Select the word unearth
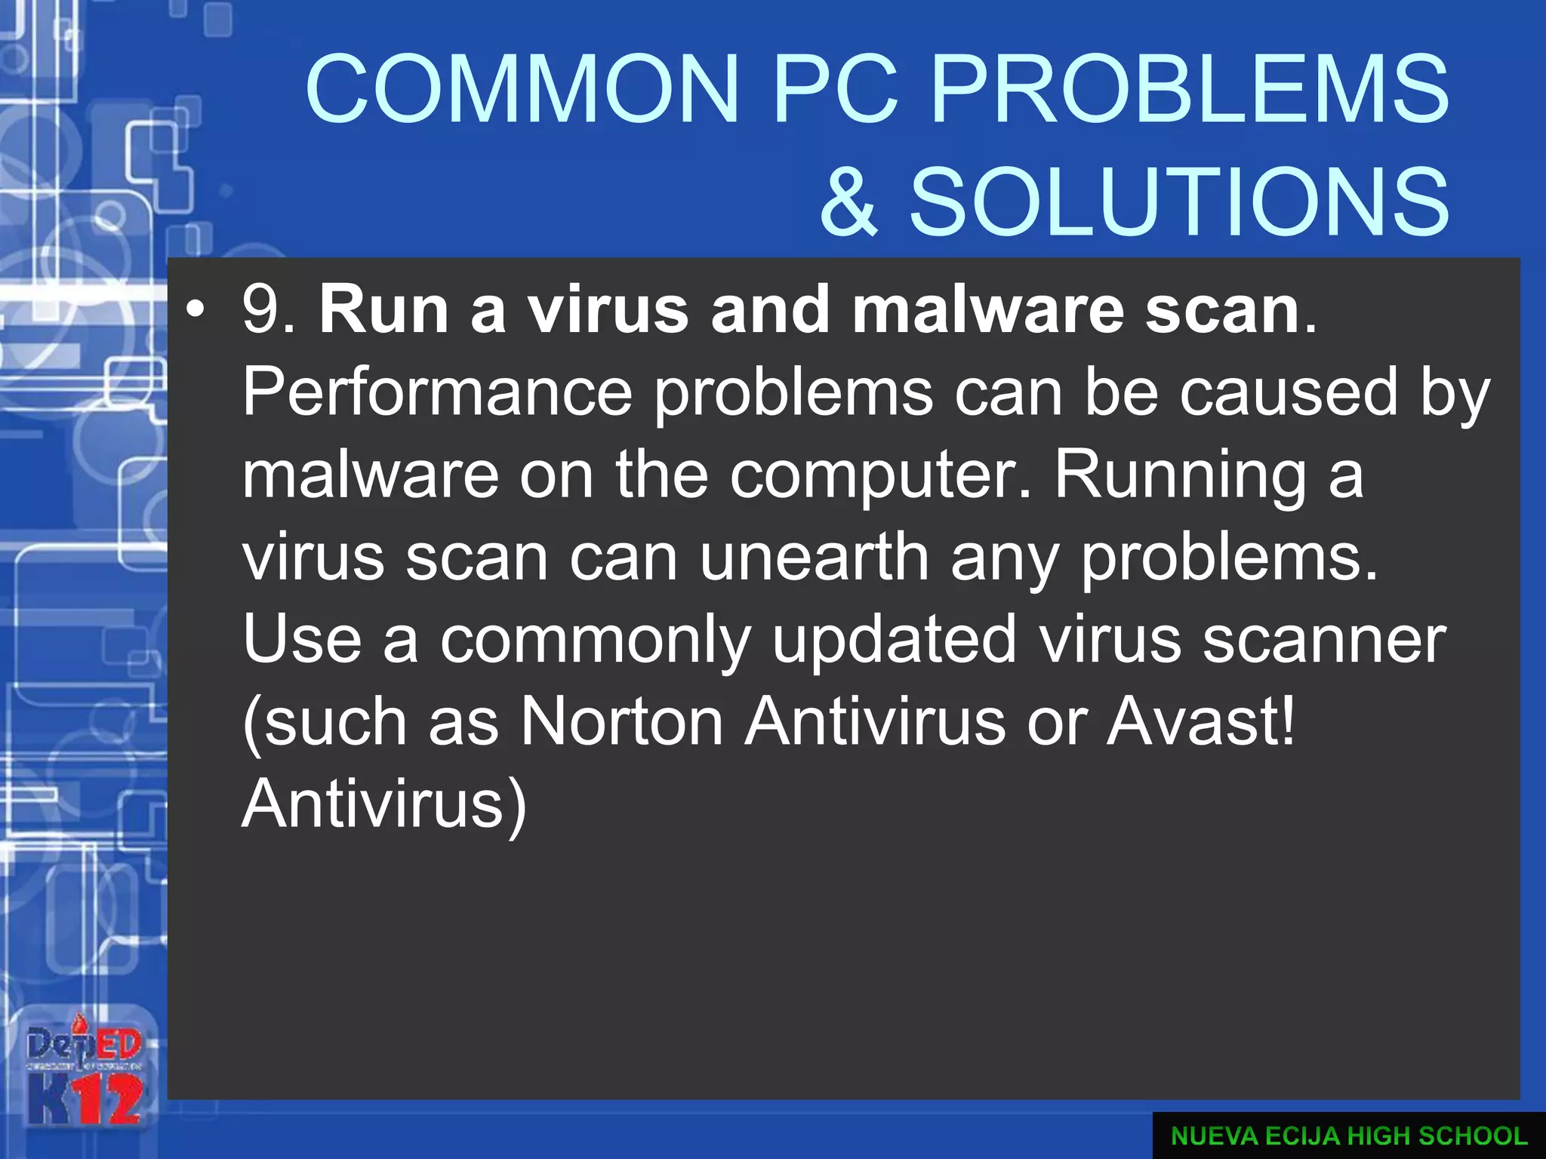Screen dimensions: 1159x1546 pyautogui.click(x=814, y=558)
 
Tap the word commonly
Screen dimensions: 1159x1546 pyautogui.click(x=595, y=641)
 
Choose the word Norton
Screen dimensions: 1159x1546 pyautogui.click(x=623, y=723)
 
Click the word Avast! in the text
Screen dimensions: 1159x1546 pyautogui.click(x=1201, y=723)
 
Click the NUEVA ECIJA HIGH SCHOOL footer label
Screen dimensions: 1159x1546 pyautogui.click(x=1349, y=1136)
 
